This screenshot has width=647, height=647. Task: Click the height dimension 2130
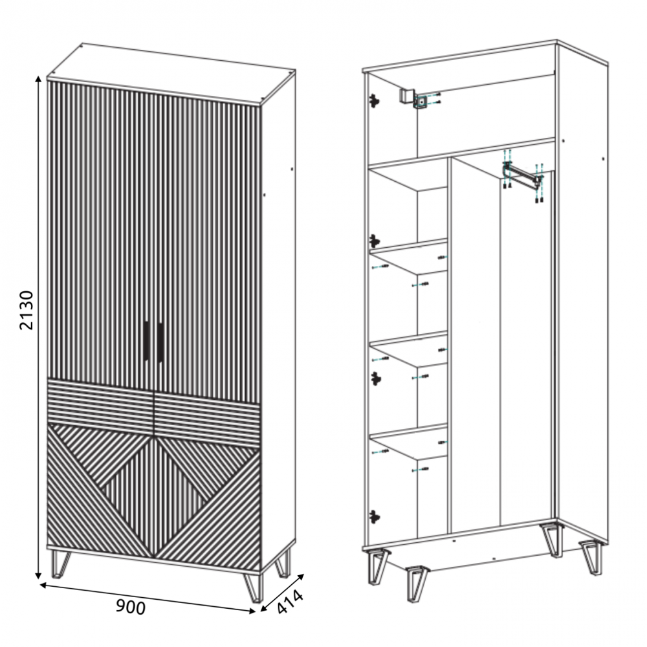click(27, 311)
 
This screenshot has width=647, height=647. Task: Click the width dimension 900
click(131, 607)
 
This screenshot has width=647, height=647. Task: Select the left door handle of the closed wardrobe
click(146, 341)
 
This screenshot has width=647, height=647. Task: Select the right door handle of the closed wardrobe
click(160, 342)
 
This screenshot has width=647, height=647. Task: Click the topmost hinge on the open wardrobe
click(374, 101)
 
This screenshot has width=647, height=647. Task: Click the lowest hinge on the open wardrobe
click(374, 516)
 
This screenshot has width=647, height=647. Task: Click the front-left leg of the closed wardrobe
click(60, 564)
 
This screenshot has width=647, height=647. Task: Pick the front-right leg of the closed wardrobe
click(253, 587)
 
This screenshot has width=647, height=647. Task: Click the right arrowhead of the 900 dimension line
click(252, 611)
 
